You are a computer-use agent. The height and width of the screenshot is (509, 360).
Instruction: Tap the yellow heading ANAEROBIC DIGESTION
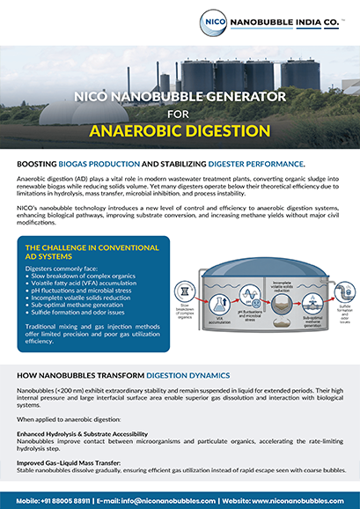tap(180, 131)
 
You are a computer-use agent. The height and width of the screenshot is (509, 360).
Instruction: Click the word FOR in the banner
tap(180, 114)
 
